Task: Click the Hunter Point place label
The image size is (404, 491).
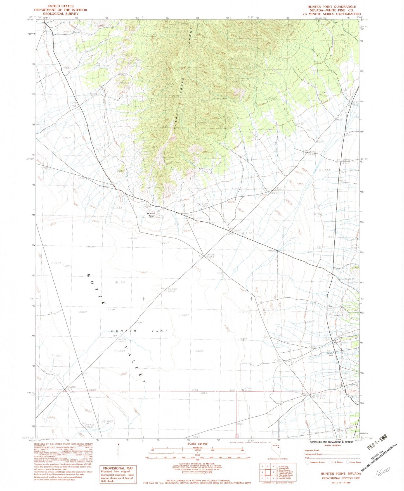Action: click(151, 215)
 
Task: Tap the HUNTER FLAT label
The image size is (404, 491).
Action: click(139, 331)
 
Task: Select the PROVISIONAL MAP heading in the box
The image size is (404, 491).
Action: click(118, 468)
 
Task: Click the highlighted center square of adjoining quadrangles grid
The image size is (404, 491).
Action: click(268, 472)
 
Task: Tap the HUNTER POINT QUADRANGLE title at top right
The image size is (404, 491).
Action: click(332, 6)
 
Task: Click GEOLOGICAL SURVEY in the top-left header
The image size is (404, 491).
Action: click(61, 13)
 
